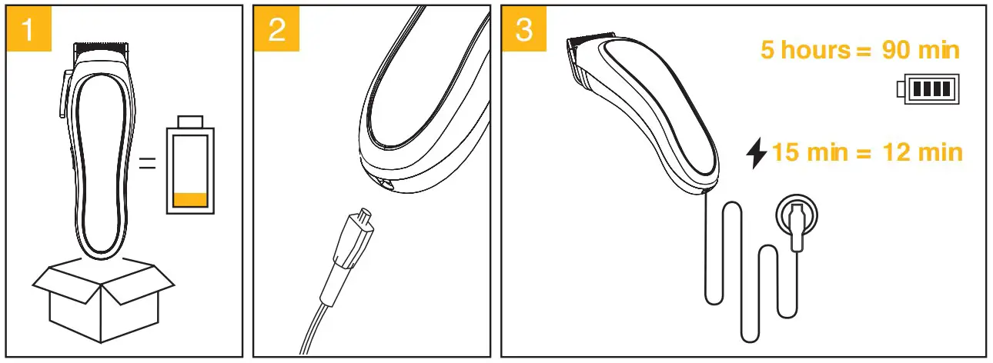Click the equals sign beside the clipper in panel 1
[x=147, y=164]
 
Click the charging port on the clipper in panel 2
[x=382, y=184]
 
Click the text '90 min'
[x=921, y=51]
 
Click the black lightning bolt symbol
[x=757, y=153]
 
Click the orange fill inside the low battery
[x=191, y=199]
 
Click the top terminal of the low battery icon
[x=190, y=123]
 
